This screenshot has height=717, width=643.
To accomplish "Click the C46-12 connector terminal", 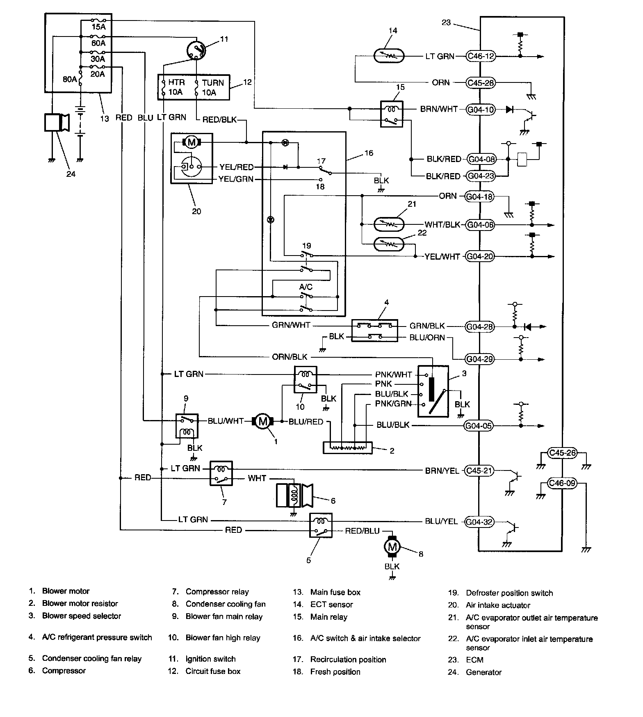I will pyautogui.click(x=481, y=56).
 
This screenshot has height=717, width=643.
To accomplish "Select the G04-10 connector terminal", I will pyautogui.click(x=481, y=110).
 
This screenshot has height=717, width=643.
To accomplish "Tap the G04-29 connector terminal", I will pyautogui.click(x=479, y=359).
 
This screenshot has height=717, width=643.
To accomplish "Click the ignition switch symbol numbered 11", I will pyautogui.click(x=196, y=50).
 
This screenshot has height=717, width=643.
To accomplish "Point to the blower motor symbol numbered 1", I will pyautogui.click(x=262, y=421).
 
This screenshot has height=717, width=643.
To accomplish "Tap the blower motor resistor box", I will pyautogui.click(x=347, y=447).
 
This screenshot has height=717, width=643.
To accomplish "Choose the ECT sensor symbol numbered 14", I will pyautogui.click(x=389, y=56).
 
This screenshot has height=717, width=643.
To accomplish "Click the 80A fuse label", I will pyautogui.click(x=70, y=79).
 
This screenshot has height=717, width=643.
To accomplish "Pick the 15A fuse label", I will pyautogui.click(x=98, y=27).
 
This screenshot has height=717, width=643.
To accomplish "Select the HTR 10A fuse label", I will pyautogui.click(x=176, y=87).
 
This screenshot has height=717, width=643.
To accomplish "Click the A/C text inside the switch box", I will pyautogui.click(x=306, y=287).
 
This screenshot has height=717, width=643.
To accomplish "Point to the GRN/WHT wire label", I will pyautogui.click(x=291, y=325).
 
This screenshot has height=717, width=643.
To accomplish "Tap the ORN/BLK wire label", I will pyautogui.click(x=290, y=357).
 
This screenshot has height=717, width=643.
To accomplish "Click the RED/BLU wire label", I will pyautogui.click(x=362, y=531).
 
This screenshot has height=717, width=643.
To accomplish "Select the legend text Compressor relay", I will pyautogui.click(x=217, y=591).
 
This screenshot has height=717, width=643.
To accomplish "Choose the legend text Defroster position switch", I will pyautogui.click(x=509, y=593).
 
